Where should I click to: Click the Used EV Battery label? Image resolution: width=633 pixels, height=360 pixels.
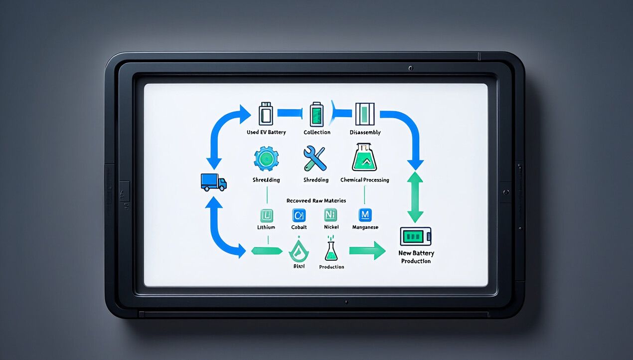266,133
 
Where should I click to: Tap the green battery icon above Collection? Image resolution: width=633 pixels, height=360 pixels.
316,114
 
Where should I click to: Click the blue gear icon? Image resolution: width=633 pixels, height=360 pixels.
266,159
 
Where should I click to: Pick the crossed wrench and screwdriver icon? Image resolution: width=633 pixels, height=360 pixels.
315,158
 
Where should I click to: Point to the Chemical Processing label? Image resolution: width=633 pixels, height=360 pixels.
364,180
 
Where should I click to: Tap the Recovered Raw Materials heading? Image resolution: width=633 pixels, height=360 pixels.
316,200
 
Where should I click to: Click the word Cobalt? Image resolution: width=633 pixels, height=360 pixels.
299,227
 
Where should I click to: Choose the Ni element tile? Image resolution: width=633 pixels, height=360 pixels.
331,215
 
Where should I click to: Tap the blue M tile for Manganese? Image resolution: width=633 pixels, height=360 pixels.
365,215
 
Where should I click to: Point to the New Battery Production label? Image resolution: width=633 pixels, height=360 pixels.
416,257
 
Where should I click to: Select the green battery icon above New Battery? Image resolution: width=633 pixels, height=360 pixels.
416,236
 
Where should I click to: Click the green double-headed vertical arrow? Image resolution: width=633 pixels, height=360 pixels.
415,197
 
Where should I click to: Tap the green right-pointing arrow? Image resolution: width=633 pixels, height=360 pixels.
367,250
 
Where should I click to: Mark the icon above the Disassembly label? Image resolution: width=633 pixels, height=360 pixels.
364,114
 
